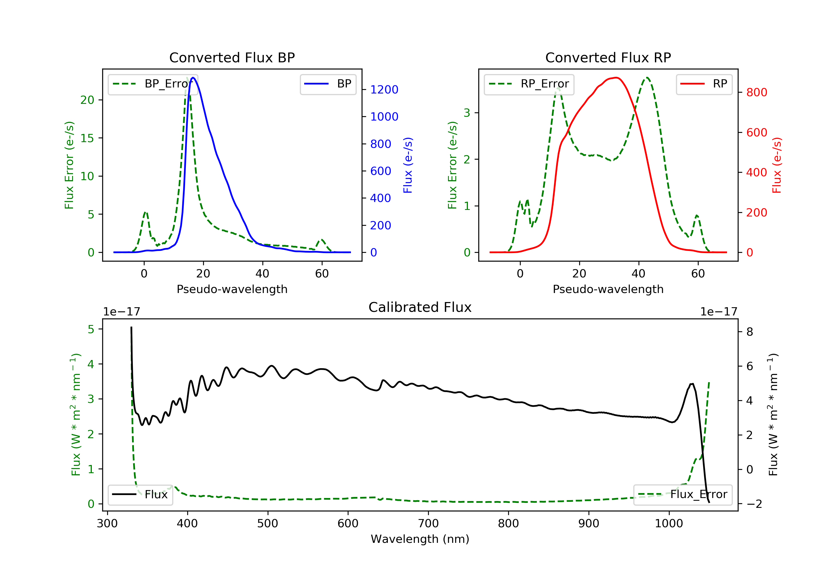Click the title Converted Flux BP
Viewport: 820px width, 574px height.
(232, 57)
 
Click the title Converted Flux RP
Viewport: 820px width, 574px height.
(608, 57)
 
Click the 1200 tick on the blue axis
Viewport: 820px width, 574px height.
(384, 90)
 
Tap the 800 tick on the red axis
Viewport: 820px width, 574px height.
(756, 92)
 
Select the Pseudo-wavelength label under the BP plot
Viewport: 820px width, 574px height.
(232, 289)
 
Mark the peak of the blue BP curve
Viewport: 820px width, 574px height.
(193, 78)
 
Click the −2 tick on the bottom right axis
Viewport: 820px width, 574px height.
(754, 504)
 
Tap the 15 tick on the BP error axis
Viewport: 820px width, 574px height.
(87, 138)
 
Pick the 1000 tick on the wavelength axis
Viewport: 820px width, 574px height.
(669, 524)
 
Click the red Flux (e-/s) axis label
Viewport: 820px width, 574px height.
(777, 165)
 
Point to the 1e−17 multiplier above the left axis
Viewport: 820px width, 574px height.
(121, 312)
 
